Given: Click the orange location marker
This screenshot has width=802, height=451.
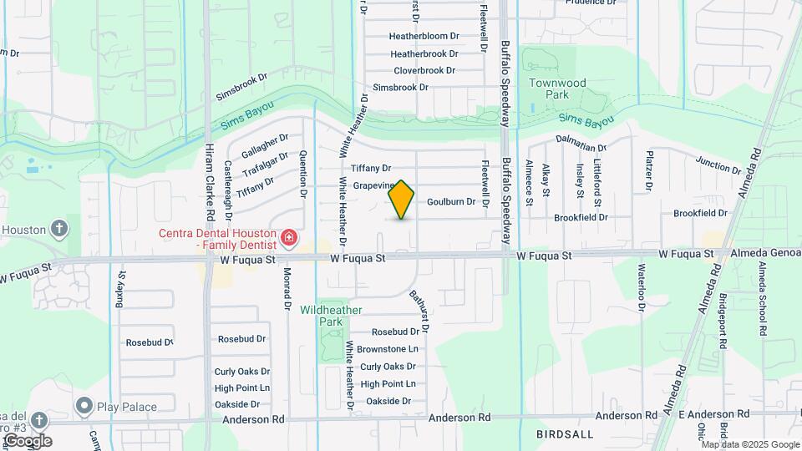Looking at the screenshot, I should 402,199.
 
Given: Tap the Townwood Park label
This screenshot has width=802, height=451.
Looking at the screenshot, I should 558,89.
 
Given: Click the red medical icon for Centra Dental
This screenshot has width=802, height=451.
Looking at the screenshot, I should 289,239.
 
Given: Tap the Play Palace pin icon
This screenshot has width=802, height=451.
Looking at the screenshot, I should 84,407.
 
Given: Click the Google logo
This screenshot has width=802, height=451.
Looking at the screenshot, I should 27,441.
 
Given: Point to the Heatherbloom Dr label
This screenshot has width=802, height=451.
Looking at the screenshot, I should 424,36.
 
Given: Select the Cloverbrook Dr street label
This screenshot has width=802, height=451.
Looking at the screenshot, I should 425,70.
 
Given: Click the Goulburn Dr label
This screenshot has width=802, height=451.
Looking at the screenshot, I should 451,202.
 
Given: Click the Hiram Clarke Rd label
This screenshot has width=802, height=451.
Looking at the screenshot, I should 210,180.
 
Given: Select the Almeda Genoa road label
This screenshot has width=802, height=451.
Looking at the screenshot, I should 763,253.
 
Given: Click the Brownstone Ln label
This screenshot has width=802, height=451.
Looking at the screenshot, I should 387,349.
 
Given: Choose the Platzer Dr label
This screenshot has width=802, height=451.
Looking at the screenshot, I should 648,169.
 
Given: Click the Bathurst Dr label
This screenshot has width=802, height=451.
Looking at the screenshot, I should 419,312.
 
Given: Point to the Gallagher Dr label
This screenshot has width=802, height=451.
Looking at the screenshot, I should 265,148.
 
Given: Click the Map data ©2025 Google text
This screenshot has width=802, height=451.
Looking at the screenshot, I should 751,443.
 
